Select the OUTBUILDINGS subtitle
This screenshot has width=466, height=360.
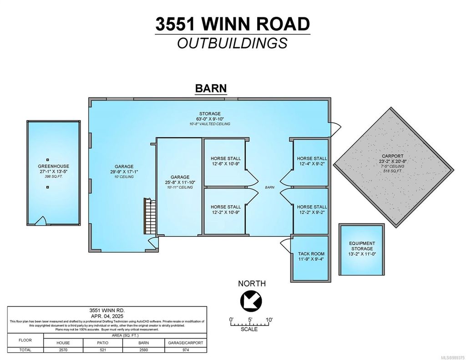coord(233,43)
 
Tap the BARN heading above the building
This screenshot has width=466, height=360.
coord(210,88)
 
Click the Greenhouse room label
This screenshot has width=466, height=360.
coord(54,167)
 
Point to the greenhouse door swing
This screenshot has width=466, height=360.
coord(41,221)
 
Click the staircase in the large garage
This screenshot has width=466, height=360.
coord(149,216)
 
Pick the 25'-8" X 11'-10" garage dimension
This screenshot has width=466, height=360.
coord(180,182)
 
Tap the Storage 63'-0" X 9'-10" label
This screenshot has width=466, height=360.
coord(210,119)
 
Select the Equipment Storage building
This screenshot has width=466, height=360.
coord(362,249)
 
